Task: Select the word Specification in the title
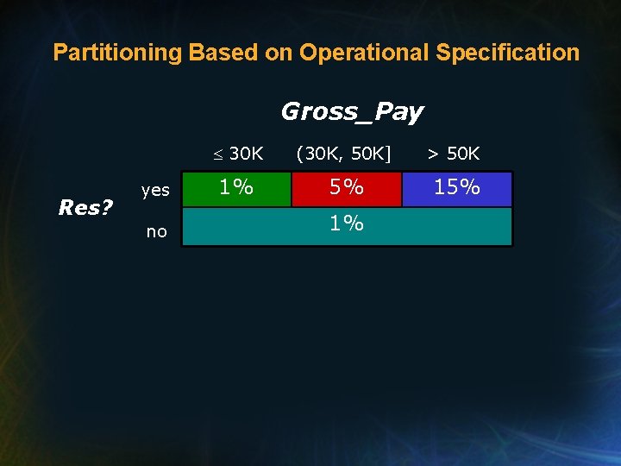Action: point(508,53)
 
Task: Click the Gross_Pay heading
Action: point(352,112)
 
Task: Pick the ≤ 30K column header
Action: point(239,154)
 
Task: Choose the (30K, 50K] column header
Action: point(343,154)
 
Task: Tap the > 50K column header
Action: point(455,154)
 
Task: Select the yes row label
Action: point(155,191)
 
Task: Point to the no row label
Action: point(156,231)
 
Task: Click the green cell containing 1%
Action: point(236,189)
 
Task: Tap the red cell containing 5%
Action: point(346,189)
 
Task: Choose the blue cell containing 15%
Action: point(457,189)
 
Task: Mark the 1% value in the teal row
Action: point(346,224)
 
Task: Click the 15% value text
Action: point(457,187)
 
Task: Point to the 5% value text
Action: point(346,187)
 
